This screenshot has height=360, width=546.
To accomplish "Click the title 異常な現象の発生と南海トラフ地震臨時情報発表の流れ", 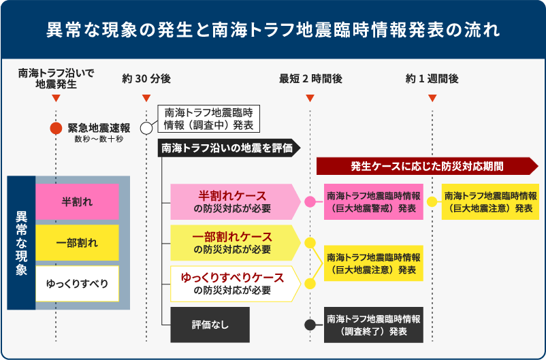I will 273,31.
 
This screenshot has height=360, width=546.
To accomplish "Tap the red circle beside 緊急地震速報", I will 57,128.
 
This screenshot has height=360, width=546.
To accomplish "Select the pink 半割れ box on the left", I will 77,202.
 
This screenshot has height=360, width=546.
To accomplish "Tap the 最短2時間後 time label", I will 310,78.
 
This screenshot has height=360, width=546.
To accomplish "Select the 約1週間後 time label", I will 432,78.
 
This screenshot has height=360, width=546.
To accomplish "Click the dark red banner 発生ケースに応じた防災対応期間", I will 428,166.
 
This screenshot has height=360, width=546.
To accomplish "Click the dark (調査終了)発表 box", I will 373,325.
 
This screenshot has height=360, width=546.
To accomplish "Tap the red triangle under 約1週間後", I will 432,98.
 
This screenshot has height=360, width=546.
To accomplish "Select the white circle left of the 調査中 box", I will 146,128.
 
